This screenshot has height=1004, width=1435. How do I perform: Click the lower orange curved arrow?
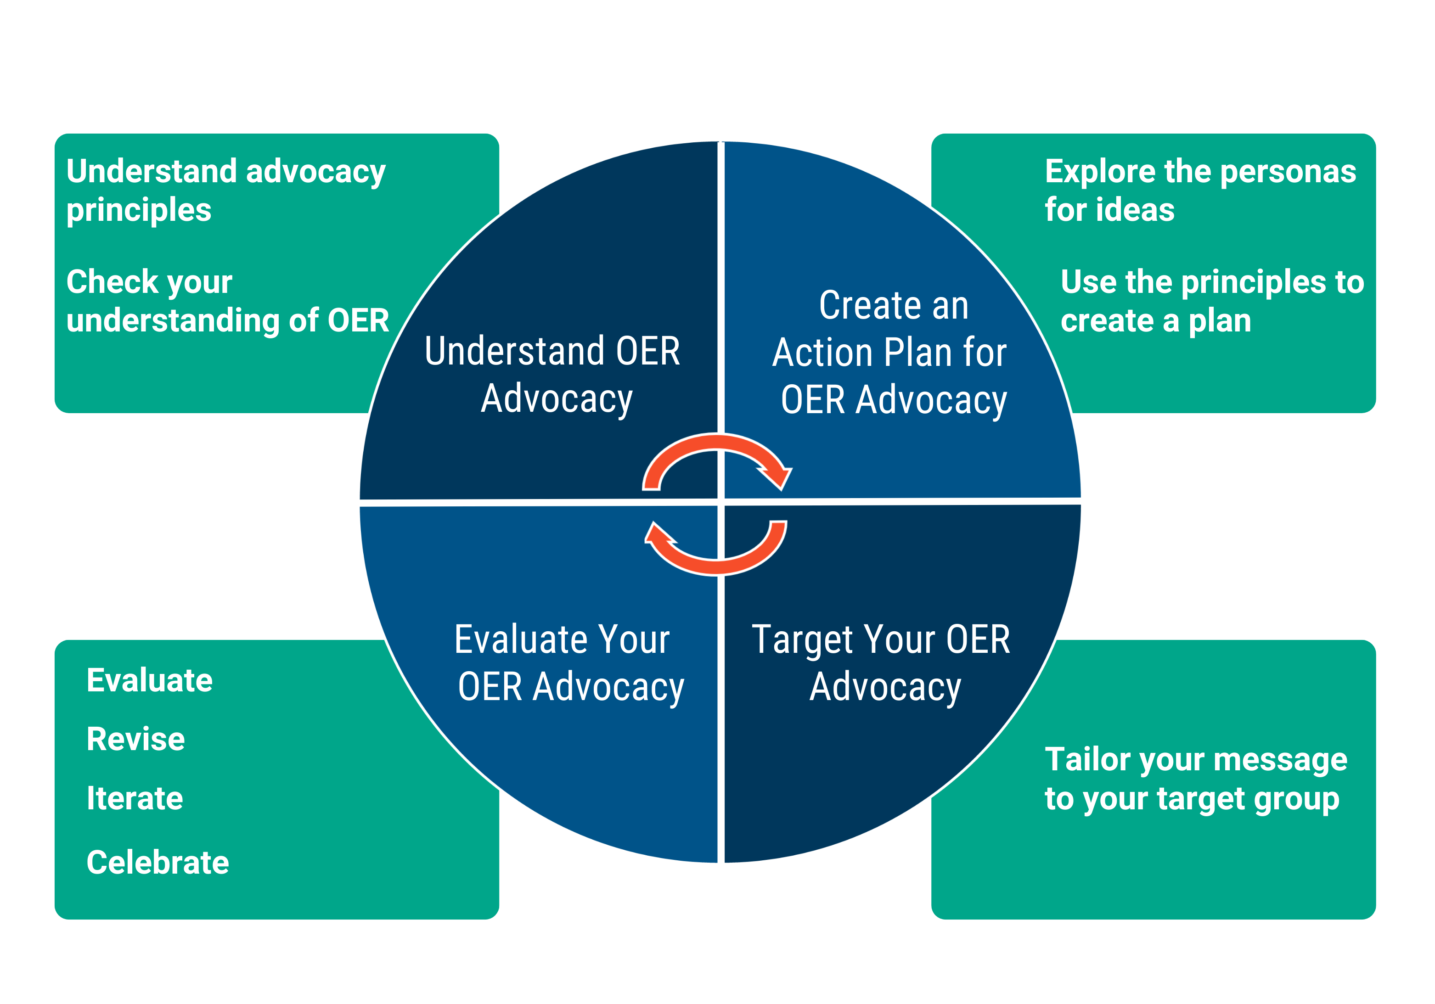pyautogui.click(x=719, y=564)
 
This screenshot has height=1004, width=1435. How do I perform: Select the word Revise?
pyautogui.click(x=135, y=739)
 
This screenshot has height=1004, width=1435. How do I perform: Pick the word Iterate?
pyautogui.click(x=135, y=798)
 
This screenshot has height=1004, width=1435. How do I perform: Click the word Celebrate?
pyautogui.click(x=158, y=862)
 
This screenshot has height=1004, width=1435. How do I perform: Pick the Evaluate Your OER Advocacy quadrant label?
pyautogui.click(x=569, y=663)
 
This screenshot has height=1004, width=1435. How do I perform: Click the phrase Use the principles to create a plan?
pyautogui.click(x=1211, y=301)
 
